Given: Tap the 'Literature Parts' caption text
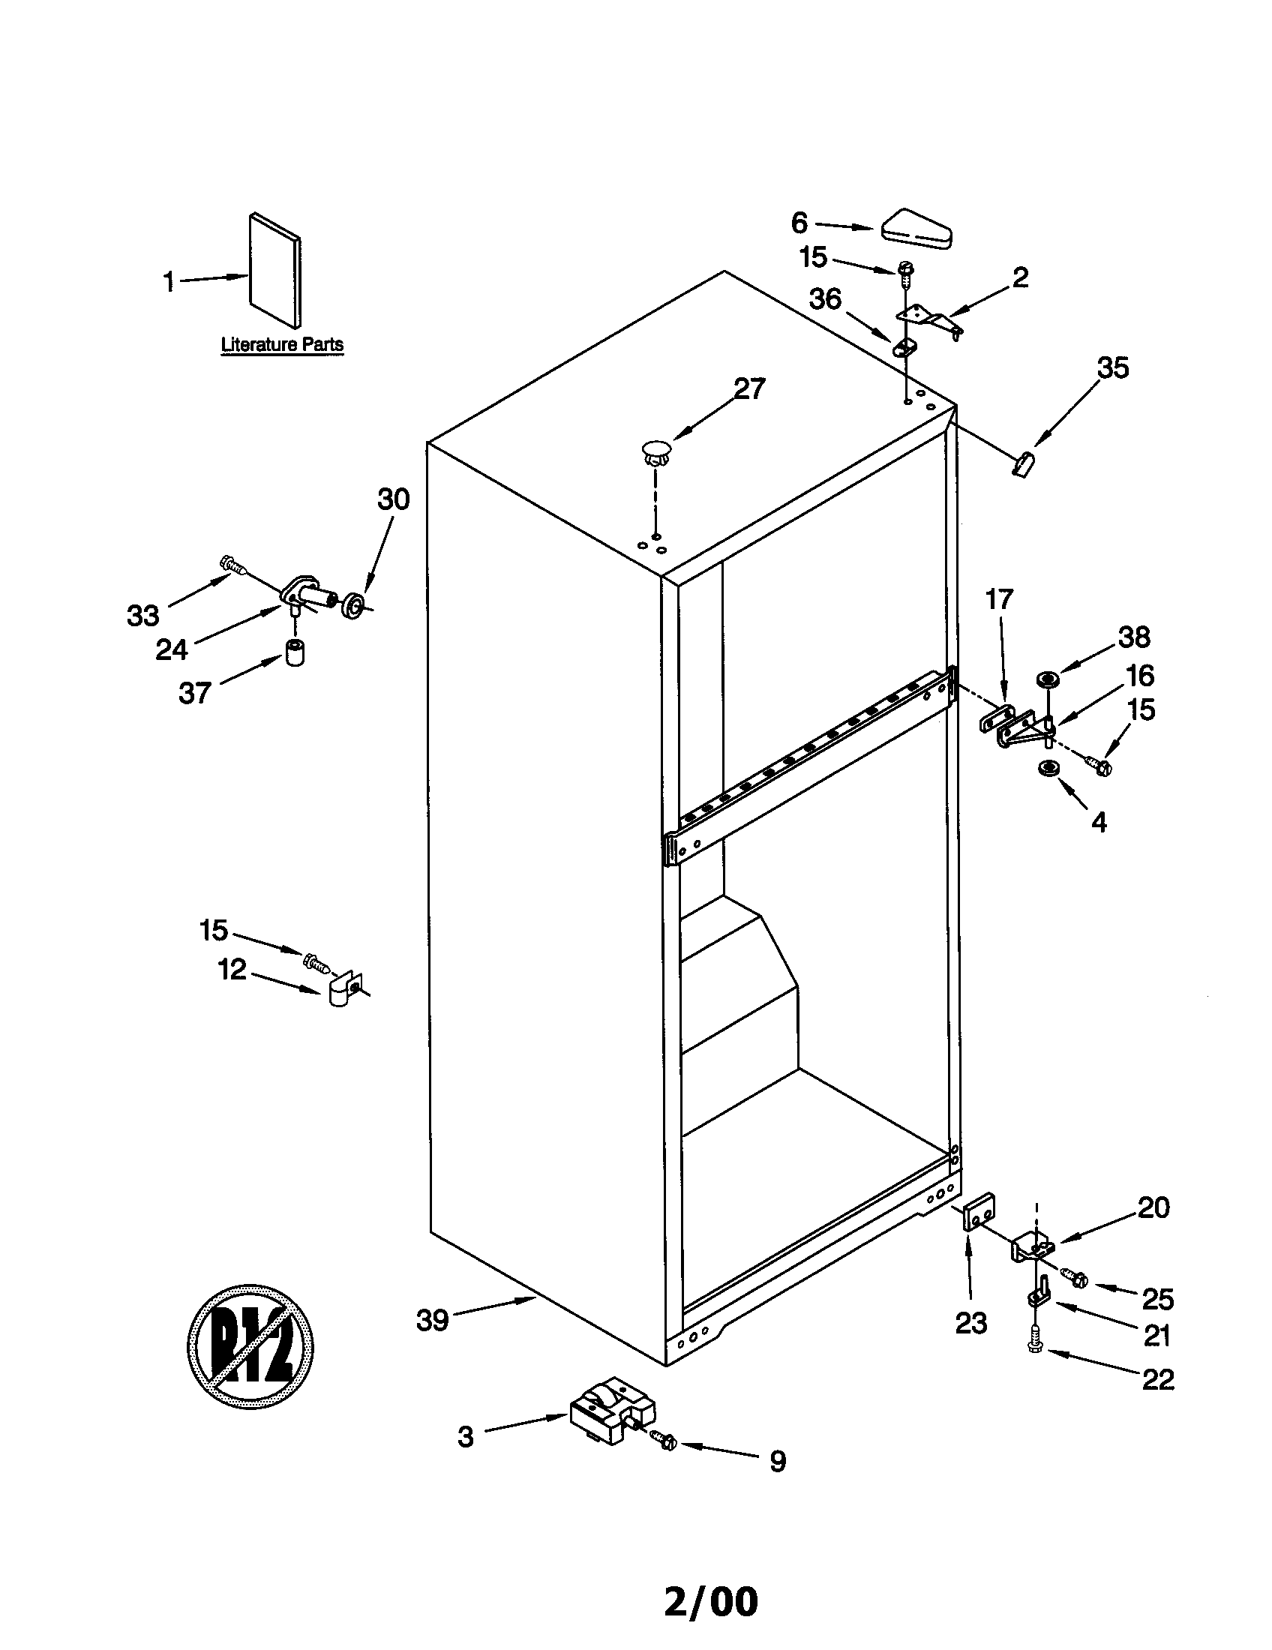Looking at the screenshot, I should (x=282, y=344).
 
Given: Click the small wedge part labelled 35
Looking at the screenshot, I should (x=1023, y=460).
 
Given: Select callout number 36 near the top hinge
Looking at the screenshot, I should (x=825, y=299).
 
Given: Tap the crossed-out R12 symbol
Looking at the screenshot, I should (x=250, y=1345).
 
